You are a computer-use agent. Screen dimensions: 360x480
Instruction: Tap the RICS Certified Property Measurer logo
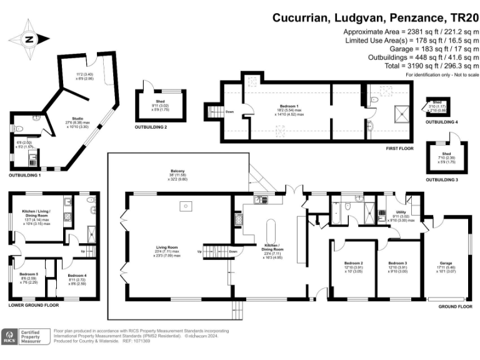point(26,336)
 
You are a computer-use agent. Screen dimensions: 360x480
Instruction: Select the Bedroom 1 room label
point(288,106)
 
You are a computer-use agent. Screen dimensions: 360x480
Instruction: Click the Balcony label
point(177,171)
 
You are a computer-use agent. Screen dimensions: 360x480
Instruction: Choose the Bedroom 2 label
point(352,263)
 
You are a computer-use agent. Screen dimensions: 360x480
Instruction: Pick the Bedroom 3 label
point(397,263)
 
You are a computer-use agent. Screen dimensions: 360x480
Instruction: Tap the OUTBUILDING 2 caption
point(151,127)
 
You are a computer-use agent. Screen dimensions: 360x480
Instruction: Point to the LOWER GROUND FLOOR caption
point(34,305)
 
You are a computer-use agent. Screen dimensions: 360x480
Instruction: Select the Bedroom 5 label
point(29,274)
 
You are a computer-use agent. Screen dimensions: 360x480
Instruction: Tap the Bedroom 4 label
point(76,276)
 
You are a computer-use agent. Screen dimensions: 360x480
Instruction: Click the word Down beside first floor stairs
point(230,112)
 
